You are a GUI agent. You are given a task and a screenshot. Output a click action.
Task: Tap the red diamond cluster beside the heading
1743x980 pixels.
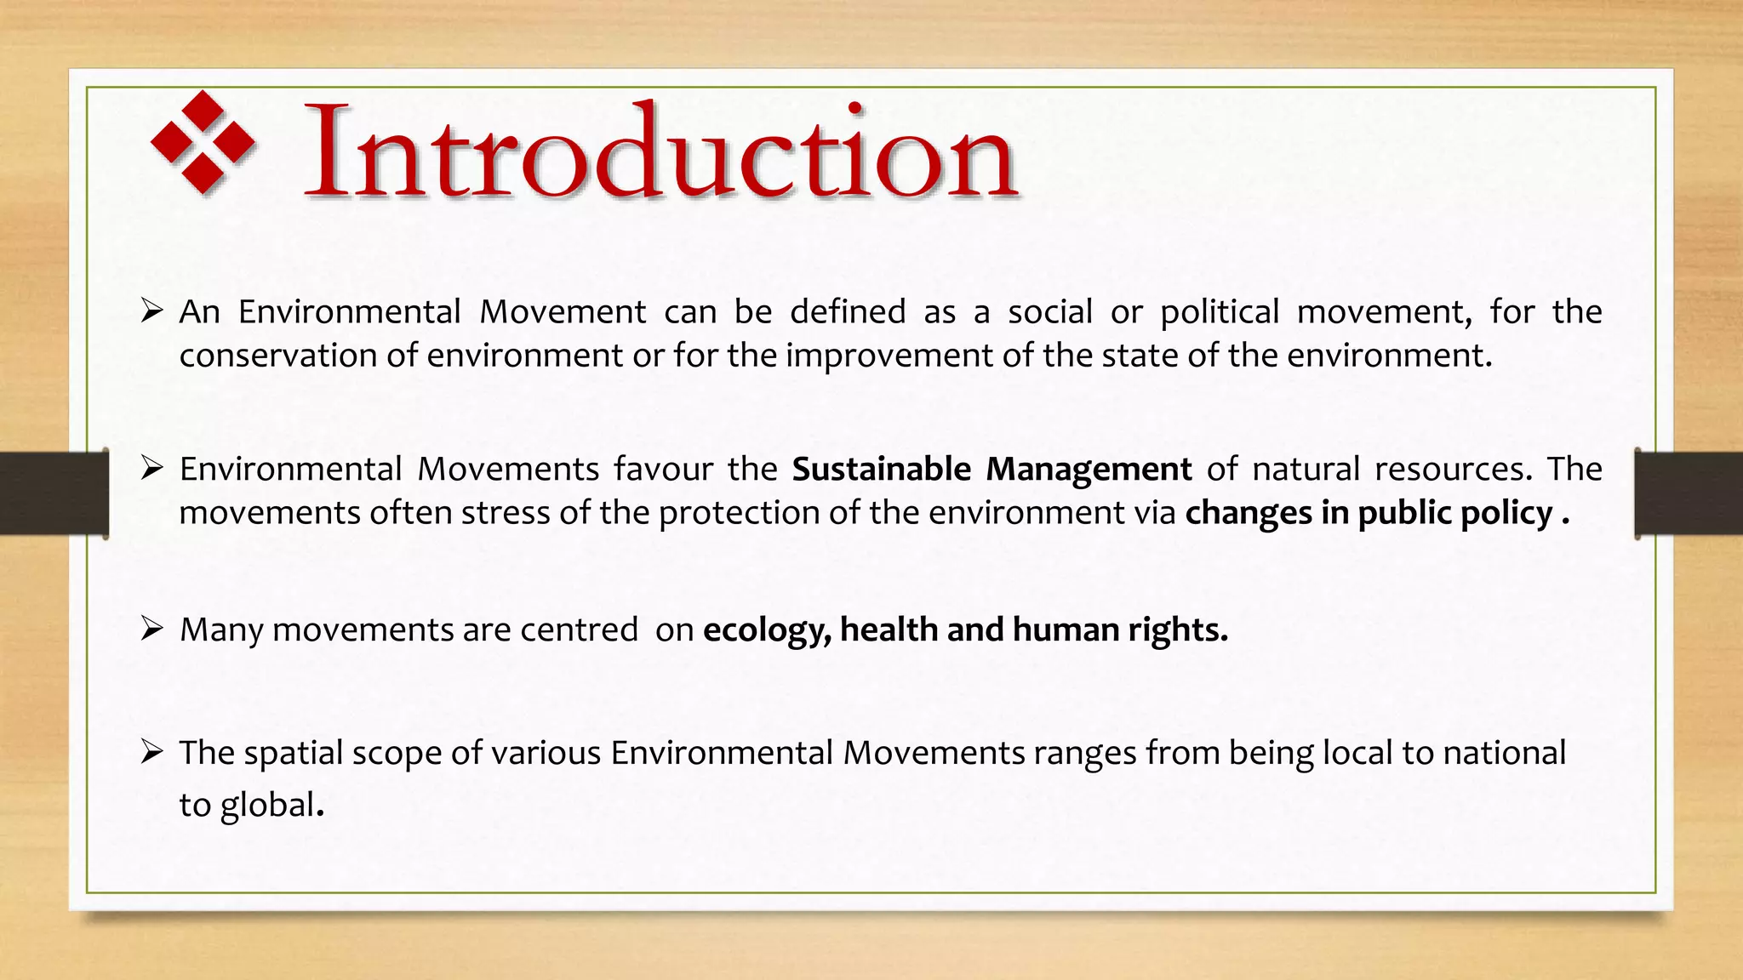pyautogui.click(x=203, y=142)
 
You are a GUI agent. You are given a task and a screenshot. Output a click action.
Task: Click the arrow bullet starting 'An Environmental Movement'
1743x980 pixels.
pyautogui.click(x=151, y=311)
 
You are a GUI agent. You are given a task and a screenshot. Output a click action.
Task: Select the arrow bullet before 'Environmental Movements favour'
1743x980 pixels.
pyautogui.click(x=151, y=469)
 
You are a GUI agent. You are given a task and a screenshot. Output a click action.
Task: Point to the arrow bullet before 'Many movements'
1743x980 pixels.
pyautogui.click(x=151, y=630)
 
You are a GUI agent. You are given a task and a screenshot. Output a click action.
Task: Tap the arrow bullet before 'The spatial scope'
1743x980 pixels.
pyautogui.click(x=151, y=753)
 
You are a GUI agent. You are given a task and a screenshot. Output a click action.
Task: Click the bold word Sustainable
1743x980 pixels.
pyautogui.click(x=881, y=470)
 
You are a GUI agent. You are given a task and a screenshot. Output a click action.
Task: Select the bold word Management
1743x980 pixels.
pyautogui.click(x=1089, y=470)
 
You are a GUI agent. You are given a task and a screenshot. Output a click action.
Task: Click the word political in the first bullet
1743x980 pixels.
pyautogui.click(x=1220, y=312)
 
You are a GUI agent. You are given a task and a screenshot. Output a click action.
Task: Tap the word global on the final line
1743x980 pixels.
pyautogui.click(x=267, y=805)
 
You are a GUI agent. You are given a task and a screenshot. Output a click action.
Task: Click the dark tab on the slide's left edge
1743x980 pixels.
pyautogui.click(x=54, y=493)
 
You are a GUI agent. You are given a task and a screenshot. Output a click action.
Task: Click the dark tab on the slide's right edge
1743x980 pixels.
pyautogui.click(x=1689, y=493)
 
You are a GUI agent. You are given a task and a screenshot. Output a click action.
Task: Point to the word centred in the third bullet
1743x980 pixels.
pyautogui.click(x=579, y=630)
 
